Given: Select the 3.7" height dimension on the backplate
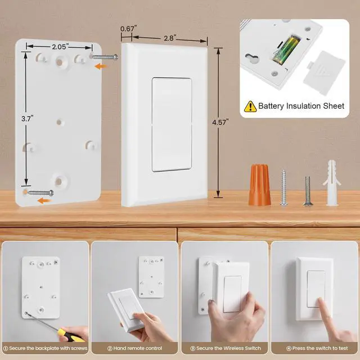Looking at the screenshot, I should pos(25,119).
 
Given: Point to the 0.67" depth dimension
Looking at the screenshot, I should pos(128,29).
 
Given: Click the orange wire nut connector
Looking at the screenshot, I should pos(258,184).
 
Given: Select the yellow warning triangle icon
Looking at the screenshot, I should pos(250,105).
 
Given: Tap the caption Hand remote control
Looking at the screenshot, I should pos(134,349).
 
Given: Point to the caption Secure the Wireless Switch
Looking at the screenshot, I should pos(224,349).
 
